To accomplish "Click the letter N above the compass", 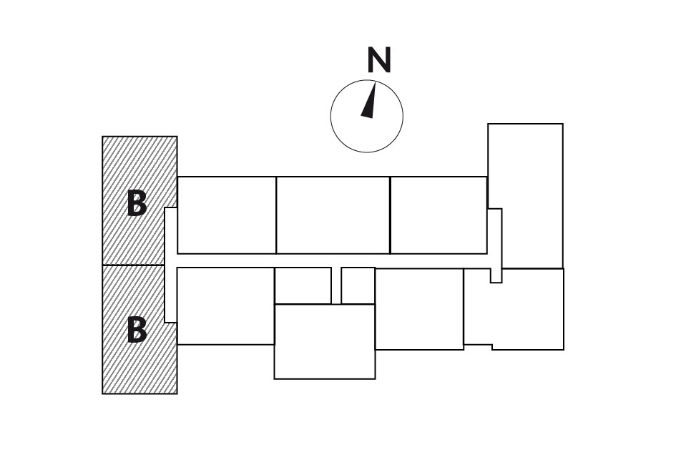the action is pyautogui.click(x=379, y=60).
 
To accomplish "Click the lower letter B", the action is pyautogui.click(x=137, y=330).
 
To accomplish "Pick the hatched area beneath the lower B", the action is pyautogui.click(x=139, y=368).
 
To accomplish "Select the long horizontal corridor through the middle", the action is pyautogui.click(x=332, y=260).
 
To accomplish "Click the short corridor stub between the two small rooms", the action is pyautogui.click(x=336, y=285).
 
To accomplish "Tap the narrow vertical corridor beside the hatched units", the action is pyautogui.click(x=171, y=265).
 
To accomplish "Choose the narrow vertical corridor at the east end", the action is pyautogui.click(x=495, y=245).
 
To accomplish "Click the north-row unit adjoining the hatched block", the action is pyautogui.click(x=227, y=215).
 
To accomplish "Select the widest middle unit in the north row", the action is pyautogui.click(x=333, y=215).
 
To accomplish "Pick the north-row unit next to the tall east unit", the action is pyautogui.click(x=439, y=215).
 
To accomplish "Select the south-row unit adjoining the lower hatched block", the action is pyautogui.click(x=226, y=306).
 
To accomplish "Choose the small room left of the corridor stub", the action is pyautogui.click(x=303, y=285).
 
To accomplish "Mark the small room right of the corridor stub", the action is pyautogui.click(x=358, y=285).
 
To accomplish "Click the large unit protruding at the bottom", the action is pyautogui.click(x=325, y=342).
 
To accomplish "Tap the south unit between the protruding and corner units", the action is pyautogui.click(x=419, y=309).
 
